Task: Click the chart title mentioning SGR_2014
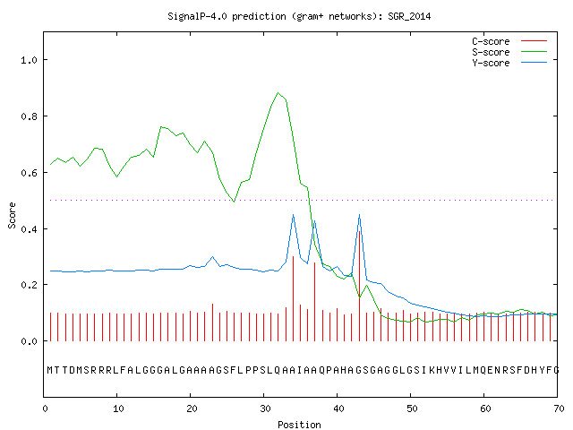(x=299, y=16)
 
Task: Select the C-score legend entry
(x=509, y=41)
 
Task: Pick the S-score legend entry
(x=509, y=52)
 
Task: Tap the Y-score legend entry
(x=509, y=63)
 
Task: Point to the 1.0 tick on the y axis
(x=30, y=60)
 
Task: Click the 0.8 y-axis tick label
(x=30, y=116)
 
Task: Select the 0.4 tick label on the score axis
(x=30, y=229)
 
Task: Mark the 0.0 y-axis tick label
(x=30, y=341)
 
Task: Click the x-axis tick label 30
(x=265, y=408)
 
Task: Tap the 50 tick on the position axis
(x=412, y=408)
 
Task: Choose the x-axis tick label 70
(x=559, y=408)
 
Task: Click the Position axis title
(x=299, y=425)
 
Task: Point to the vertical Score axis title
(x=12, y=215)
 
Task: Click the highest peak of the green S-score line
(x=278, y=93)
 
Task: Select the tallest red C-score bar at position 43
(x=360, y=286)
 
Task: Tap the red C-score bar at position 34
(x=293, y=298)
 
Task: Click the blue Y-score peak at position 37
(x=314, y=221)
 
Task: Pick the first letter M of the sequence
(x=50, y=370)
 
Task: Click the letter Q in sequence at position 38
(x=322, y=370)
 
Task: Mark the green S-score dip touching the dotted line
(x=234, y=201)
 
